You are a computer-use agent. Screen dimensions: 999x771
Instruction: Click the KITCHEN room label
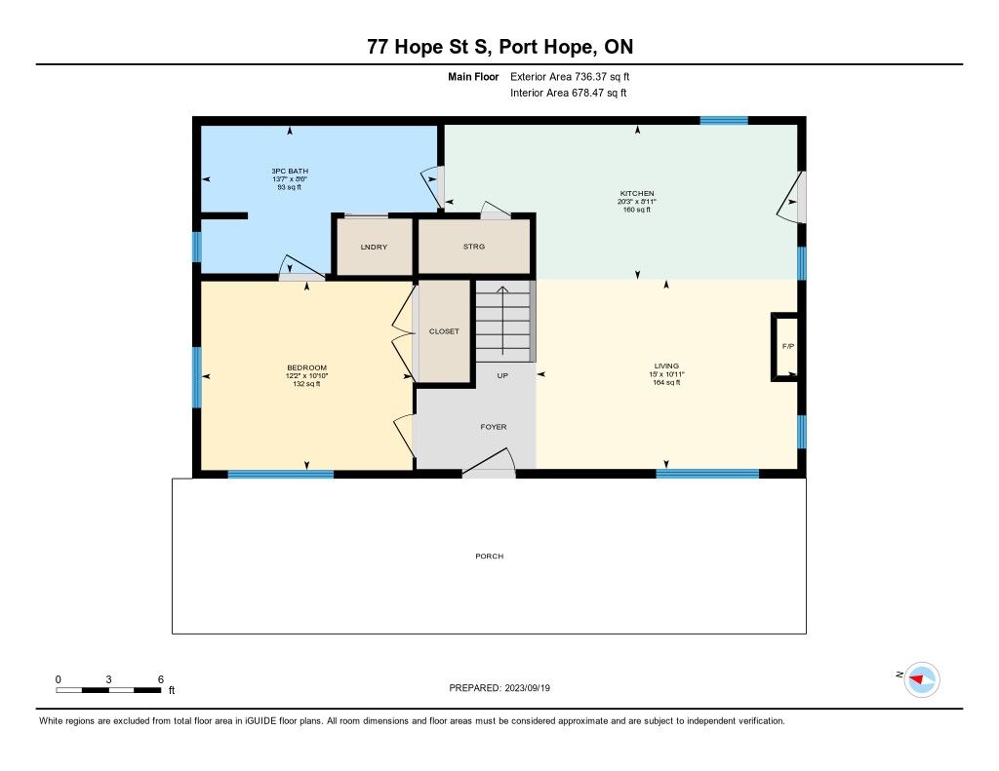(x=637, y=194)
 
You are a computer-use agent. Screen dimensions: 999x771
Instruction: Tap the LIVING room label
(x=666, y=366)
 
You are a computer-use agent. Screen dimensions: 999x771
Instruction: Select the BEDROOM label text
(x=306, y=368)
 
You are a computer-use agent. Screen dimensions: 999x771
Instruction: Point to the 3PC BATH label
(x=290, y=172)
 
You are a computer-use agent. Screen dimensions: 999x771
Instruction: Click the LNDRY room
(x=374, y=247)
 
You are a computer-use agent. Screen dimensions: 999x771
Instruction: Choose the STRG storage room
(x=474, y=247)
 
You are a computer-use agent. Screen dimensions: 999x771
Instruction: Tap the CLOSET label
(x=444, y=331)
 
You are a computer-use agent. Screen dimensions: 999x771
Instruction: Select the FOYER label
(x=494, y=427)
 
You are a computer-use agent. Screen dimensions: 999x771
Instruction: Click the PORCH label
(x=490, y=557)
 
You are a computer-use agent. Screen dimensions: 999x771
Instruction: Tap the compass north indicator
(x=921, y=679)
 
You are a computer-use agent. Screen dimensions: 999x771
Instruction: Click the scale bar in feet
(x=108, y=690)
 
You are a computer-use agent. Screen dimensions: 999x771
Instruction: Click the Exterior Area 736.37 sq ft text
(x=570, y=77)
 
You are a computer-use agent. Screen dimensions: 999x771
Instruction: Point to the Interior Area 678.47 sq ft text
(x=569, y=93)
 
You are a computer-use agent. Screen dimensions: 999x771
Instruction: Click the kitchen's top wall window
(x=724, y=120)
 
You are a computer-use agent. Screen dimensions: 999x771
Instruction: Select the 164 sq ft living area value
(x=666, y=383)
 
